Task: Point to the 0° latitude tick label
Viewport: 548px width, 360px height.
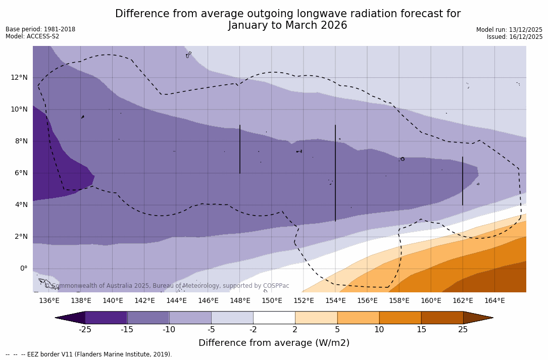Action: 24,269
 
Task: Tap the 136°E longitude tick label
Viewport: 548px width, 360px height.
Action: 49,301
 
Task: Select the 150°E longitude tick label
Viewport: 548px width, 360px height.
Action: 272,301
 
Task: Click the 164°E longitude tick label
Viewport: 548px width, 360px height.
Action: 494,301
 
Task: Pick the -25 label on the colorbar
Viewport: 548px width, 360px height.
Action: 85,330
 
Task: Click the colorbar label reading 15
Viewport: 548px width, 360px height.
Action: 421,330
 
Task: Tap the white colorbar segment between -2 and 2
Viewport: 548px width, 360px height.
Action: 274,318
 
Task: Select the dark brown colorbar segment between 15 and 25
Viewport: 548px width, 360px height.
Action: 442,318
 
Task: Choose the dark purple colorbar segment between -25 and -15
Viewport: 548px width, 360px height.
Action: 106,318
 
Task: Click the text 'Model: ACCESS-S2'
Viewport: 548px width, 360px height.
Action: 32,37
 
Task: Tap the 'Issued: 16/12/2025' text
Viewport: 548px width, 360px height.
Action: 515,37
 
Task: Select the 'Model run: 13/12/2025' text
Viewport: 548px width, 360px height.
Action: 509,30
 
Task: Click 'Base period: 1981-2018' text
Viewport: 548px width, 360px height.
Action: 40,29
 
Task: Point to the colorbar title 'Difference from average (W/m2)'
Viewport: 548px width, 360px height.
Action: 274,343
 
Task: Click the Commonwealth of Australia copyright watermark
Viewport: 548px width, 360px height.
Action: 167,286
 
